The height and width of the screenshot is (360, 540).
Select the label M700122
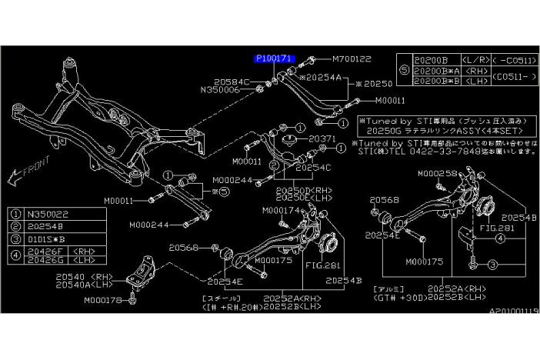[352, 58]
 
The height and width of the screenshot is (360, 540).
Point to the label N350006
[220, 89]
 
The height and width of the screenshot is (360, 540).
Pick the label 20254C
[312, 167]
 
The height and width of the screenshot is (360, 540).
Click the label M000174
[282, 209]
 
